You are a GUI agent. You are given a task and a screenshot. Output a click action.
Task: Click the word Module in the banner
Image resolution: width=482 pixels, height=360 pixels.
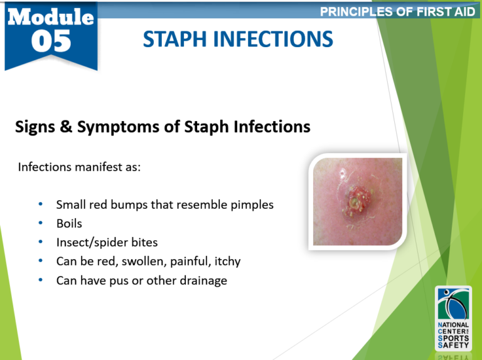[x=51, y=16]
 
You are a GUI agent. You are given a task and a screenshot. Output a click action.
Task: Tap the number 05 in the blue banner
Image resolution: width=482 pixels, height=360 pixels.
[x=51, y=41]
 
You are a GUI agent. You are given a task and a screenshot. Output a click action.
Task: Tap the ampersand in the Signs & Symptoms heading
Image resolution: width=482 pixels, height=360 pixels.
[x=66, y=126]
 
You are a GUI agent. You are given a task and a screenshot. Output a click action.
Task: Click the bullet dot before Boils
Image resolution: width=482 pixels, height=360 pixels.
[x=41, y=223]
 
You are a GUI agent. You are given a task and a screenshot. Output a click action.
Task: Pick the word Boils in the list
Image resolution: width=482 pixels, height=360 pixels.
[x=69, y=224]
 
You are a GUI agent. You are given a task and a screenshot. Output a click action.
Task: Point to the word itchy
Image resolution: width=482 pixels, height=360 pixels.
[x=227, y=262]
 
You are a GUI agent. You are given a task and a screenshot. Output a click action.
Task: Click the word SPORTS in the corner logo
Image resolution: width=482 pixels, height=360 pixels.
[x=453, y=338]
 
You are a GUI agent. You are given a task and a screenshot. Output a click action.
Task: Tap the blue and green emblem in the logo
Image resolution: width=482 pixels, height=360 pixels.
[x=453, y=304]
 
